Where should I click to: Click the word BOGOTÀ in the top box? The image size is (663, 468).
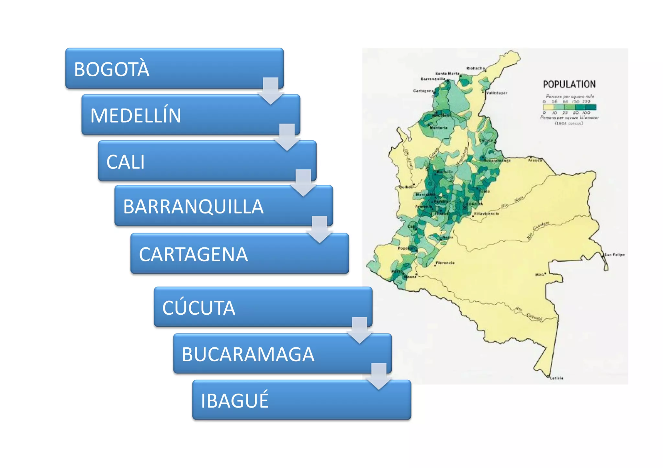[112, 69]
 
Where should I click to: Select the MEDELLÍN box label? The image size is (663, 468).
[136, 115]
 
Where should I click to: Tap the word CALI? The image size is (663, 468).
[126, 162]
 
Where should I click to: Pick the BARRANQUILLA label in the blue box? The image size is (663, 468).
[193, 207]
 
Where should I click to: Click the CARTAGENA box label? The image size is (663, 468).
[193, 255]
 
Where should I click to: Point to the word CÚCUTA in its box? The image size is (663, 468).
[199, 308]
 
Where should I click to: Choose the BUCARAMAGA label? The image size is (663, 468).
[248, 354]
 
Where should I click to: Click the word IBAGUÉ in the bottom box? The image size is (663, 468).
[235, 400]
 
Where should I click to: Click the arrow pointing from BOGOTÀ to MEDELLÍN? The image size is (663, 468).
[271, 91]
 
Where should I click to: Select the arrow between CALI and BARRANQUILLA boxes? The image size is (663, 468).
[303, 183]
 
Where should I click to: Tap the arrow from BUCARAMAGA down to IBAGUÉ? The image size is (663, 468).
[379, 376]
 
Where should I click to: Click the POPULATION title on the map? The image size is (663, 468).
[569, 84]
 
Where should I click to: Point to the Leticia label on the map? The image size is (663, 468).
[557, 378]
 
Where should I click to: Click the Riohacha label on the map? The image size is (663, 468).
[476, 68]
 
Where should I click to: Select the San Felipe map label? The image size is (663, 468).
[614, 255]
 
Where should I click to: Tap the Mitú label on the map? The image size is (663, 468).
[539, 275]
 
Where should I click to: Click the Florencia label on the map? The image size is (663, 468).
[445, 263]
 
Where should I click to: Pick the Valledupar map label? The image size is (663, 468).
[497, 93]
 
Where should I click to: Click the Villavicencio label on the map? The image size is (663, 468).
[486, 213]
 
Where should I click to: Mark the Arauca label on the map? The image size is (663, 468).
[535, 160]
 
